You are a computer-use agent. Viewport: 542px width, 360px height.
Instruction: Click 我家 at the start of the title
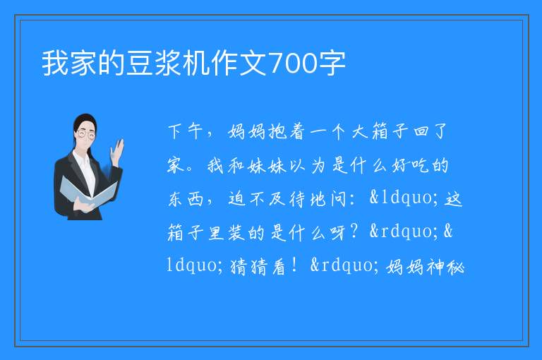69,64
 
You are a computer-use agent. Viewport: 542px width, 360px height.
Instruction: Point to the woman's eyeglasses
85,134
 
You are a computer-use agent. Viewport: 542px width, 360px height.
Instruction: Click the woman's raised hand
117,152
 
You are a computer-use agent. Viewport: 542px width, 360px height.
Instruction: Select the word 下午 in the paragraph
186,132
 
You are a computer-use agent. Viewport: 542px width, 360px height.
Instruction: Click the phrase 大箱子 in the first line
380,132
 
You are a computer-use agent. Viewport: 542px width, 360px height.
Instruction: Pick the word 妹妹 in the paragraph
267,165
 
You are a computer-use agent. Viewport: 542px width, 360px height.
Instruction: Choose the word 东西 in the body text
186,199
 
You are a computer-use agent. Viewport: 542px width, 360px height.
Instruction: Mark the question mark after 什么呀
354,232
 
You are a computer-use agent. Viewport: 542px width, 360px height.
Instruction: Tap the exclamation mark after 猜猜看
294,265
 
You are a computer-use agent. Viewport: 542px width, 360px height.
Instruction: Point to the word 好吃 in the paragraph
410,165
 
